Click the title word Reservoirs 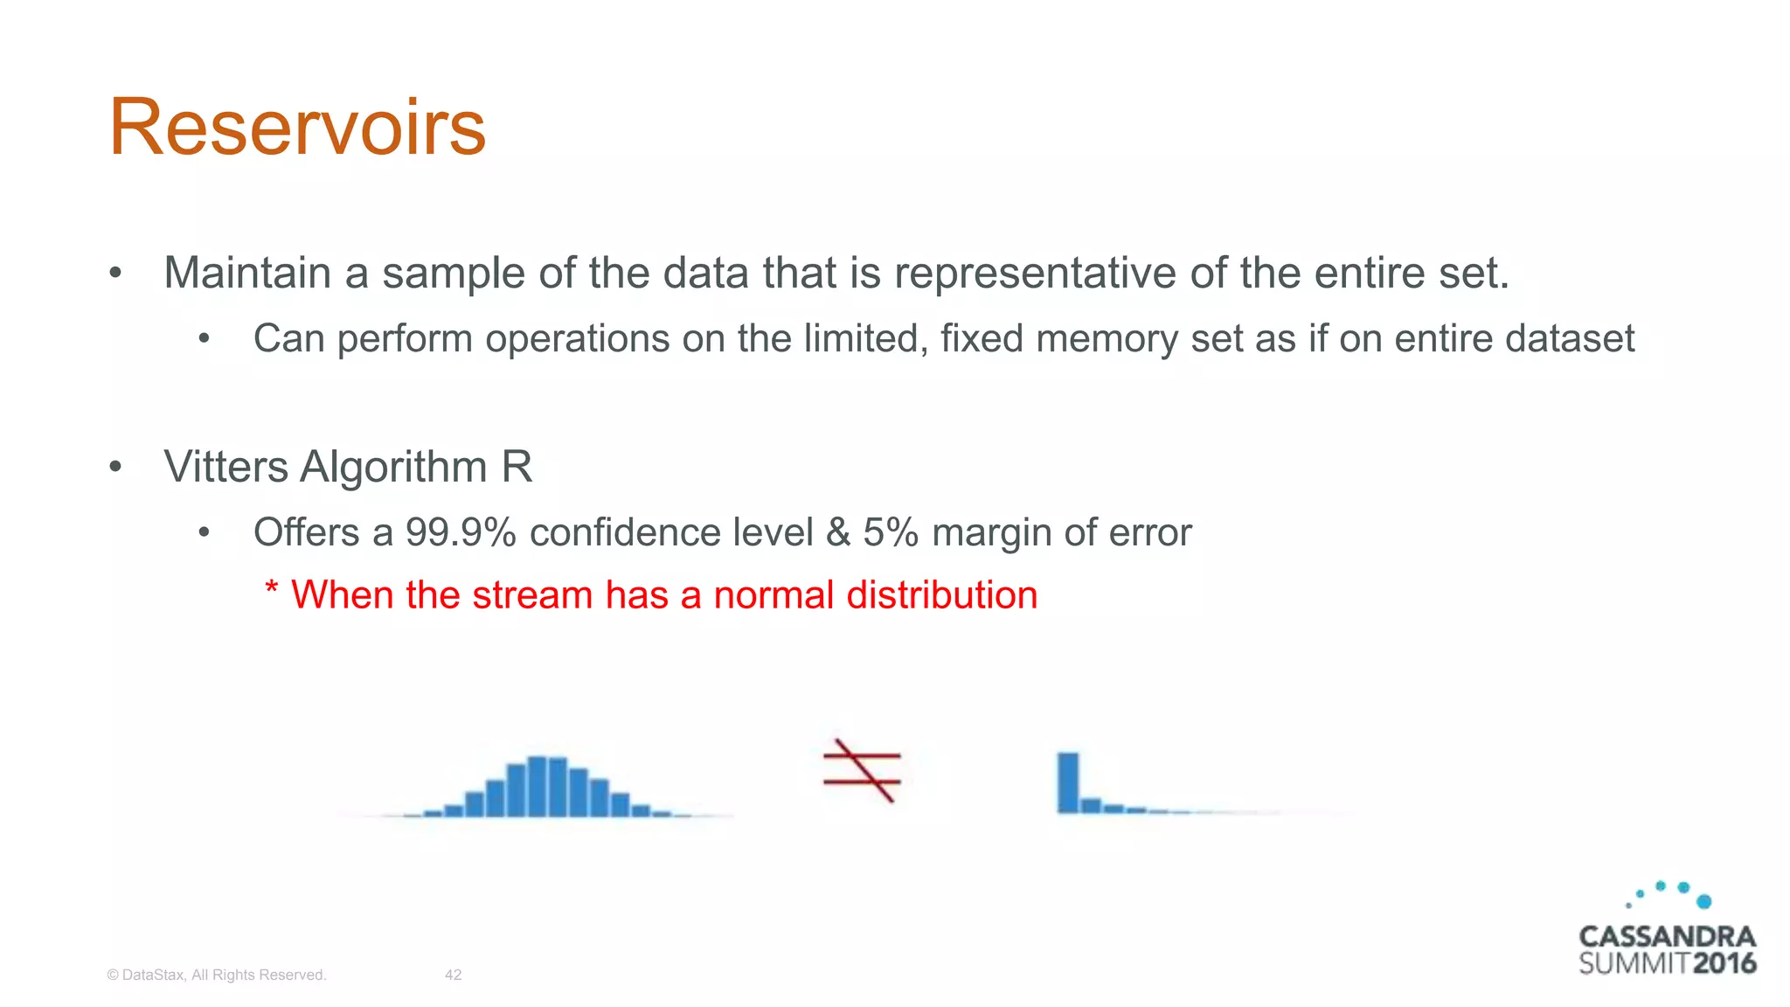[297, 128]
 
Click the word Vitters [225, 467]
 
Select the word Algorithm [393, 467]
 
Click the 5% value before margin [891, 532]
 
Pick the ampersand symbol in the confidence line [838, 532]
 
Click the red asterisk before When [271, 590]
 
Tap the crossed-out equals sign [862, 770]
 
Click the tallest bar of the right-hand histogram [1068, 782]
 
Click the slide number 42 [453, 975]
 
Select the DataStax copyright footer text [216, 975]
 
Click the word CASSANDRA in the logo [1667, 937]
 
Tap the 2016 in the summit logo [1724, 964]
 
